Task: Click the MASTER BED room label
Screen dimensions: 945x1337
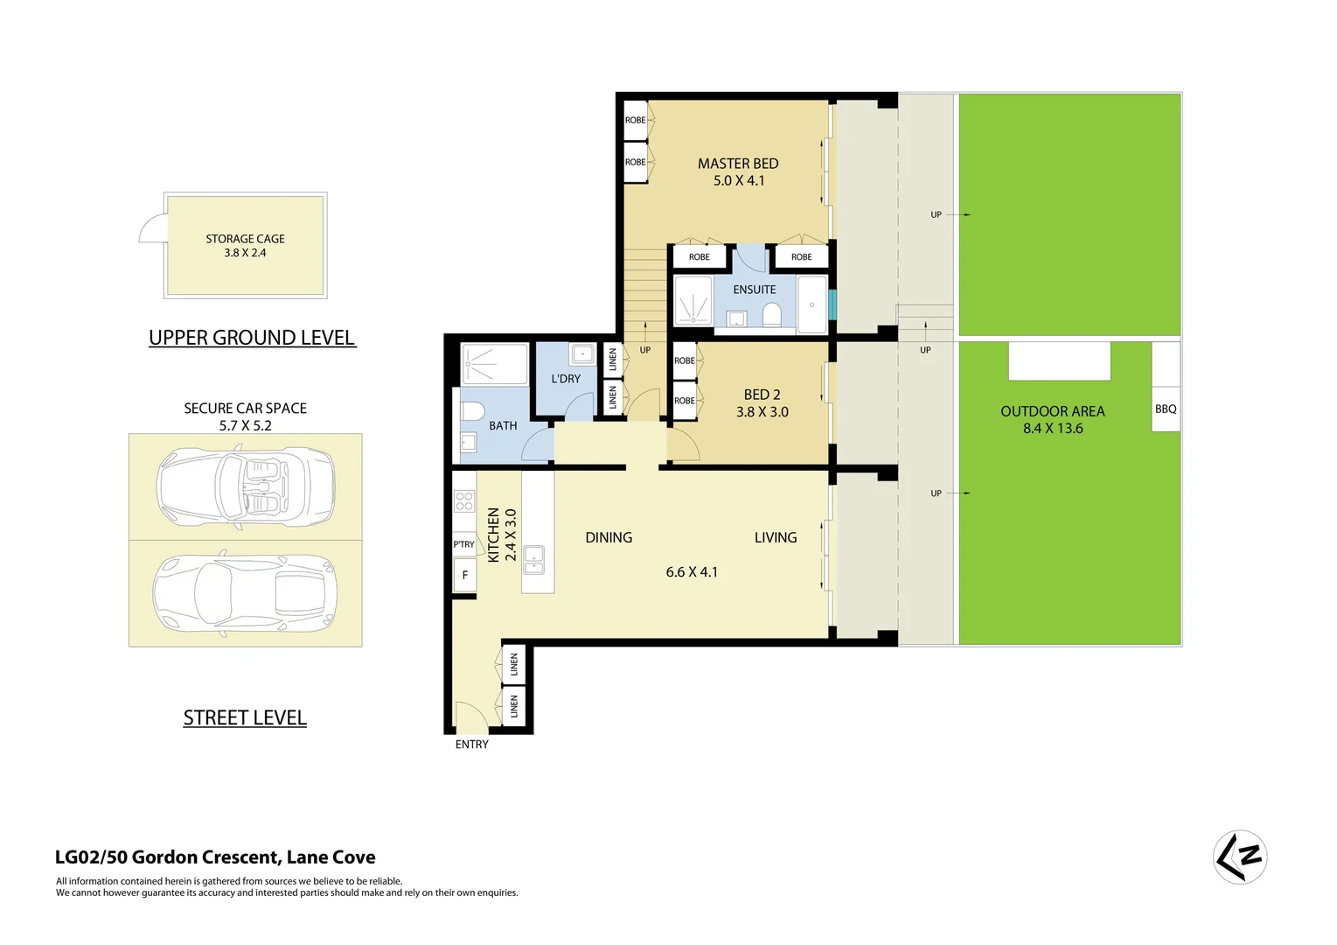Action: coord(737,164)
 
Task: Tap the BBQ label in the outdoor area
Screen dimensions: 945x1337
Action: coord(1165,409)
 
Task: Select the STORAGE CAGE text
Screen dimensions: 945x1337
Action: coord(245,239)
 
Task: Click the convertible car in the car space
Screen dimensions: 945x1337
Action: coord(246,486)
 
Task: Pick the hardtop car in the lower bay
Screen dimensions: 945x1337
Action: coord(243,592)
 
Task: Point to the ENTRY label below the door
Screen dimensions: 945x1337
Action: coord(471,745)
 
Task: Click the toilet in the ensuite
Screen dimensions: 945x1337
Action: coord(771,314)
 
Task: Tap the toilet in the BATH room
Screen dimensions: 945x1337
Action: coord(472,412)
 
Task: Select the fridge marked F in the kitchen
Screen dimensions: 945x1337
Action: coord(464,575)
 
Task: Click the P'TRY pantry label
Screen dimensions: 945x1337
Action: coord(463,544)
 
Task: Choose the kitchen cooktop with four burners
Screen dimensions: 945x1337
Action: coord(464,501)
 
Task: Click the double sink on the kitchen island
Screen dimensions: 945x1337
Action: coord(533,559)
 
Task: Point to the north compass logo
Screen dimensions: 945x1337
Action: coord(1239,857)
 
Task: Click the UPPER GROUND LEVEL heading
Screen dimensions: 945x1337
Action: coord(252,338)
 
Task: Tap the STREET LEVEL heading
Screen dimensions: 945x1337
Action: coord(245,717)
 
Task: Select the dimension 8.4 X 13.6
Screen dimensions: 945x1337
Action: coord(1052,429)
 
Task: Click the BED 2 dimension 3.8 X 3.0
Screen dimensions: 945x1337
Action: coord(762,412)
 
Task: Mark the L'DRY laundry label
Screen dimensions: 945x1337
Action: coord(566,379)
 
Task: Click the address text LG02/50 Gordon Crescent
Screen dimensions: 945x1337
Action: coord(215,857)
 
